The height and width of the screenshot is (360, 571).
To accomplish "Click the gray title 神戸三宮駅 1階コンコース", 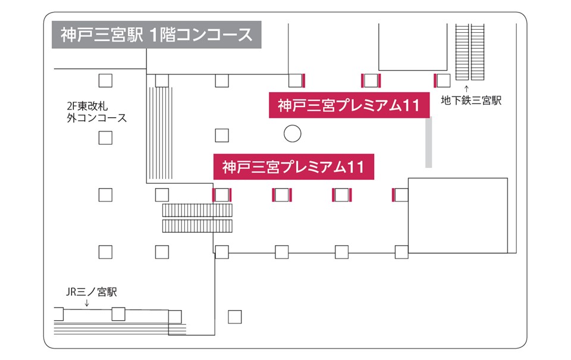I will point(157,35).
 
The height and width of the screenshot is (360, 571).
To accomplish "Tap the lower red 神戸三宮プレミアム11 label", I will point(293,167).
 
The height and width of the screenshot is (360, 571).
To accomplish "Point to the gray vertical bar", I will point(428,143).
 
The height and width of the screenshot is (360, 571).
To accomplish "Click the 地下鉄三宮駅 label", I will point(472,101).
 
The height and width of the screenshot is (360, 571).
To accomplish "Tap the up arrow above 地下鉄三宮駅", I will point(466,89).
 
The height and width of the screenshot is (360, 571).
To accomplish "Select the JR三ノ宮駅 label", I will point(91,292).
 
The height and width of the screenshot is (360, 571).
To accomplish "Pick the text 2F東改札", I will point(89,105).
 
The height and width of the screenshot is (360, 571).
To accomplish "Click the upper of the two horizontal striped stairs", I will point(197,210).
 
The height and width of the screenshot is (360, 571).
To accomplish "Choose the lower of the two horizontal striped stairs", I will point(197,226).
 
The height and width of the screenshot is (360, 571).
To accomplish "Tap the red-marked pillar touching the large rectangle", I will point(400,195).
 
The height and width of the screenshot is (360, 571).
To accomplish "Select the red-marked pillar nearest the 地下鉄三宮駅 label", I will point(442,80).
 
